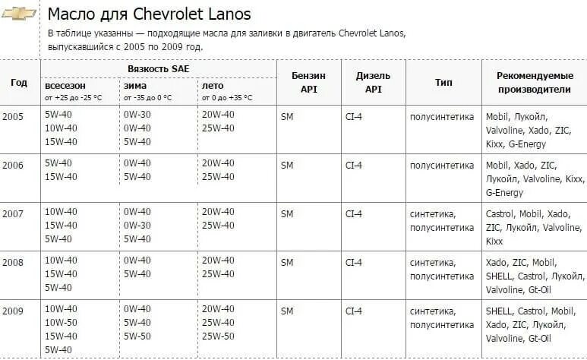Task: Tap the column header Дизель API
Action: (x=373, y=82)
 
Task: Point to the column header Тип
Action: (x=443, y=82)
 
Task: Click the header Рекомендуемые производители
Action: (x=533, y=82)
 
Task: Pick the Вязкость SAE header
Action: (x=159, y=68)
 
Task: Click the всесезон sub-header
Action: (x=65, y=86)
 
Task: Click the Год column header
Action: (x=19, y=82)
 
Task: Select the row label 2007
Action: (x=13, y=213)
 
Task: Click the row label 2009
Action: (x=13, y=310)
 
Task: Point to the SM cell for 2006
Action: (x=287, y=164)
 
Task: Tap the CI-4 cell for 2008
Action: (x=354, y=262)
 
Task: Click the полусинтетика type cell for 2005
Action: (x=441, y=116)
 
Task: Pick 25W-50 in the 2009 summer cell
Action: (x=218, y=336)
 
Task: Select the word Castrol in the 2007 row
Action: (x=500, y=214)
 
